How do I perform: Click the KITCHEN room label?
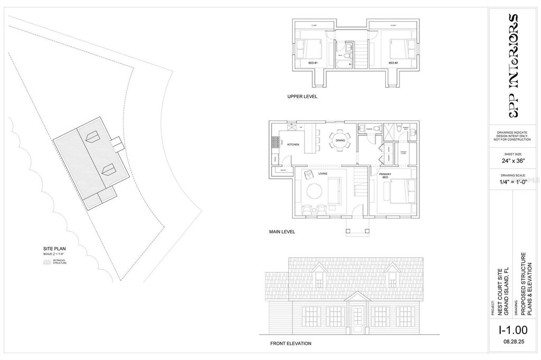[293, 144]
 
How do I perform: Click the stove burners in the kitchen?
[275, 143]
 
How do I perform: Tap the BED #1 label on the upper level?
[312, 63]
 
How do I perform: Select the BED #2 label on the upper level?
[393, 63]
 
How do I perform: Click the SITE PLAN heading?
[53, 248]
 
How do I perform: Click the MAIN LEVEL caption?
[282, 231]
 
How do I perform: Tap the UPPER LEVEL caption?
[302, 97]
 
